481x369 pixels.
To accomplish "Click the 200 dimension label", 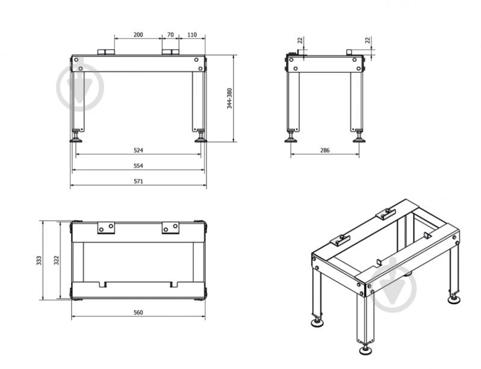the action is pos(138,35).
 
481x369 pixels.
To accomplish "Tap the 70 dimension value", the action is pos(170,35).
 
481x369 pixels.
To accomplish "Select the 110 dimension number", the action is pos(192,35).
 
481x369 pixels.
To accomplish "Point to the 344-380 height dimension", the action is pos(229,99).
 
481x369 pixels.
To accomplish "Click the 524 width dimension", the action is pos(138,150).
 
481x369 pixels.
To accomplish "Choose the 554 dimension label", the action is pos(138,166).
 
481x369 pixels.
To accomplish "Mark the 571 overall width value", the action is pos(138,181).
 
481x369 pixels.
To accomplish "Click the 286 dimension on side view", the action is pos(325,150).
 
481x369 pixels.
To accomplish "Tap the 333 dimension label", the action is pos(39,260).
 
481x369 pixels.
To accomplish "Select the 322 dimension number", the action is pos(57,260).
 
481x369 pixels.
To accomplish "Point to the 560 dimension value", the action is pos(138,313).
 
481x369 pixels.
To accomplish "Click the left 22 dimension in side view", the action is pos(300,40).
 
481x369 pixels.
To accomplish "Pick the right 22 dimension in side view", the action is pos(368,40).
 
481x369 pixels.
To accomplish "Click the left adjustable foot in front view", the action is pos(76,136).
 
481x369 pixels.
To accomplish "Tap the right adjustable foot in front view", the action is pos(201,136).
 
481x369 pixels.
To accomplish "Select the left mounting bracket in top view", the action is pos(106,228).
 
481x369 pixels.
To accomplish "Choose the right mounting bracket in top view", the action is pos(170,228).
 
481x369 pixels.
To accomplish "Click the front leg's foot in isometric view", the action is pos(365,350).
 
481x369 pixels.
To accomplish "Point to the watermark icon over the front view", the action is pos(80,88).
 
